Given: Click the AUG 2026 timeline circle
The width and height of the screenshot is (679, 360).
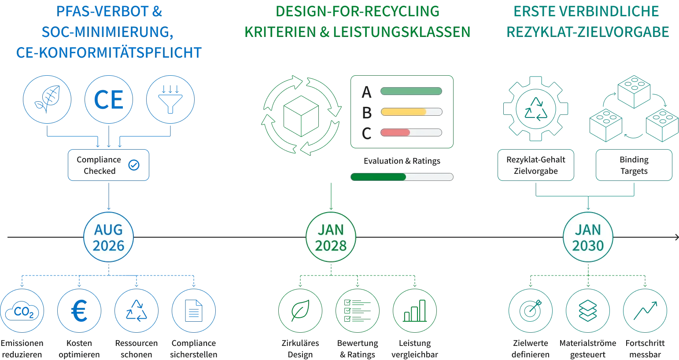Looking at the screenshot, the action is pos(108,237).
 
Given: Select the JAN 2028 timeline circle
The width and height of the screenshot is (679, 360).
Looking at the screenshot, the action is pos(331,237).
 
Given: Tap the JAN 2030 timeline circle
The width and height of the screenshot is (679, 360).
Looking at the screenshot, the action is pos(588,237).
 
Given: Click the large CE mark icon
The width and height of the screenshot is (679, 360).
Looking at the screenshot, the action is pos(108,100).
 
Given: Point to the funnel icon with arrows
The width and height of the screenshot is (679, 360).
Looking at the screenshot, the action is pos(170,100).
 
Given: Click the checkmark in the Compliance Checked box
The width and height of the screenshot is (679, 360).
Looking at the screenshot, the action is pos(134,165).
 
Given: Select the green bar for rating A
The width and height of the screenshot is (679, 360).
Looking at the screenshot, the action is pos(411,91).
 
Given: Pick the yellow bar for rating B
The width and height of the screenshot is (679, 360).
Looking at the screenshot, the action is pos(403,112).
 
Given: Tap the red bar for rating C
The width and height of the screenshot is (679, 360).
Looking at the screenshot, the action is pos(395,132).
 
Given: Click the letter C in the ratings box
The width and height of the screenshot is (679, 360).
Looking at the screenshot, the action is pos(366,133).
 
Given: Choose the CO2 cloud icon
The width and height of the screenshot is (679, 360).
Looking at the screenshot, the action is pos(22,311).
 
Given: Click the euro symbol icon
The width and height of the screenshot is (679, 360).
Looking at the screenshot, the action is pos(79,311).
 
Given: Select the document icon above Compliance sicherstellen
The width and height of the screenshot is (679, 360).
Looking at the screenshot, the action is pos(194,311).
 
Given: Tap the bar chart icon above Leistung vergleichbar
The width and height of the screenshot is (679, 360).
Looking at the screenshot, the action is pos(415,311).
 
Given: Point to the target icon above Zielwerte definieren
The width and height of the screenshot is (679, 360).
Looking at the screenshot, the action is pos(531,311).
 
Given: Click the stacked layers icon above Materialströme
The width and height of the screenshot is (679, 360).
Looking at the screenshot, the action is pos(588,311).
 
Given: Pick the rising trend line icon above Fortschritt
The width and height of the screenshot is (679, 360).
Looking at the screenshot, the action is pos(645,311).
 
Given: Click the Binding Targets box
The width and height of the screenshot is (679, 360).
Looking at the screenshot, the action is pos(634,165).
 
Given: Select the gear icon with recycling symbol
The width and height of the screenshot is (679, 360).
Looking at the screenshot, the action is pos(535,109).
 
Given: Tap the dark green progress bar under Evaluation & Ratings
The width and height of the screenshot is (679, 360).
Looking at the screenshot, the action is pos(378,177).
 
